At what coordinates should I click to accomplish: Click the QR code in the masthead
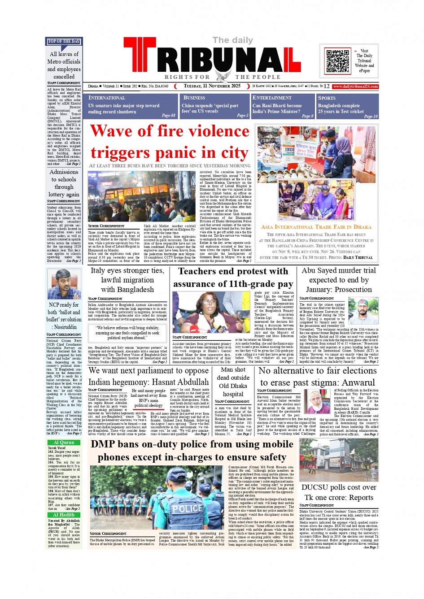tap(338, 61)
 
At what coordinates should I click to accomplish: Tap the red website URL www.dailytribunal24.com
tap(355, 86)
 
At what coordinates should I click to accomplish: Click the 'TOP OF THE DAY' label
tap(64, 42)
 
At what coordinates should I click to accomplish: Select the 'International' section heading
tap(107, 98)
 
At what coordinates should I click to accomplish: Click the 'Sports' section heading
tap(327, 98)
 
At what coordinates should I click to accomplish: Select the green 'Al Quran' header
tap(64, 442)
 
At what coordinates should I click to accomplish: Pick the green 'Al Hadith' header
tap(64, 515)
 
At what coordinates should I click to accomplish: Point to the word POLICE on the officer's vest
tap(187, 509)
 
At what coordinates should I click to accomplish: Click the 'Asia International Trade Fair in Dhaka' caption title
tap(316, 227)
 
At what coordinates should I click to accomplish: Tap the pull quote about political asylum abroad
tap(127, 333)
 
